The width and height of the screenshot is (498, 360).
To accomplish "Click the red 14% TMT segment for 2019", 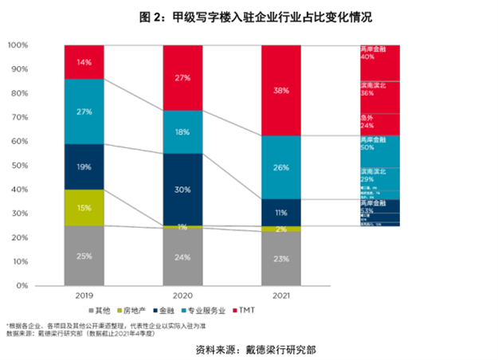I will (85, 62).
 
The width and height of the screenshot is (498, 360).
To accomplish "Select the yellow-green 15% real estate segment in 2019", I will (85, 208).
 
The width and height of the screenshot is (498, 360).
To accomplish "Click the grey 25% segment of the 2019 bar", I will (85, 256).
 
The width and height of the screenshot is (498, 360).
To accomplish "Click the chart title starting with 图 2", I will (250, 16).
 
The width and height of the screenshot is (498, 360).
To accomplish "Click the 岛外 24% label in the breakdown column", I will (367, 121).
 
